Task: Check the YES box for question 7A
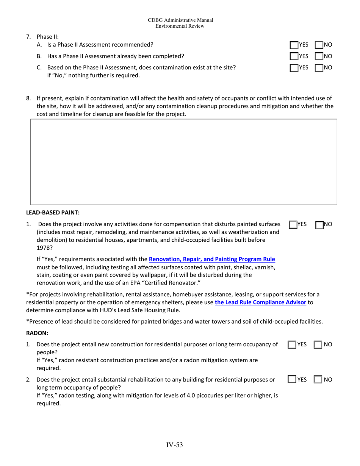pyautogui.click(x=294, y=45)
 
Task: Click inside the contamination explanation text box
pyautogui.click(x=183, y=162)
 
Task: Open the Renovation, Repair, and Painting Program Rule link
pyautogui.click(x=212, y=260)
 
